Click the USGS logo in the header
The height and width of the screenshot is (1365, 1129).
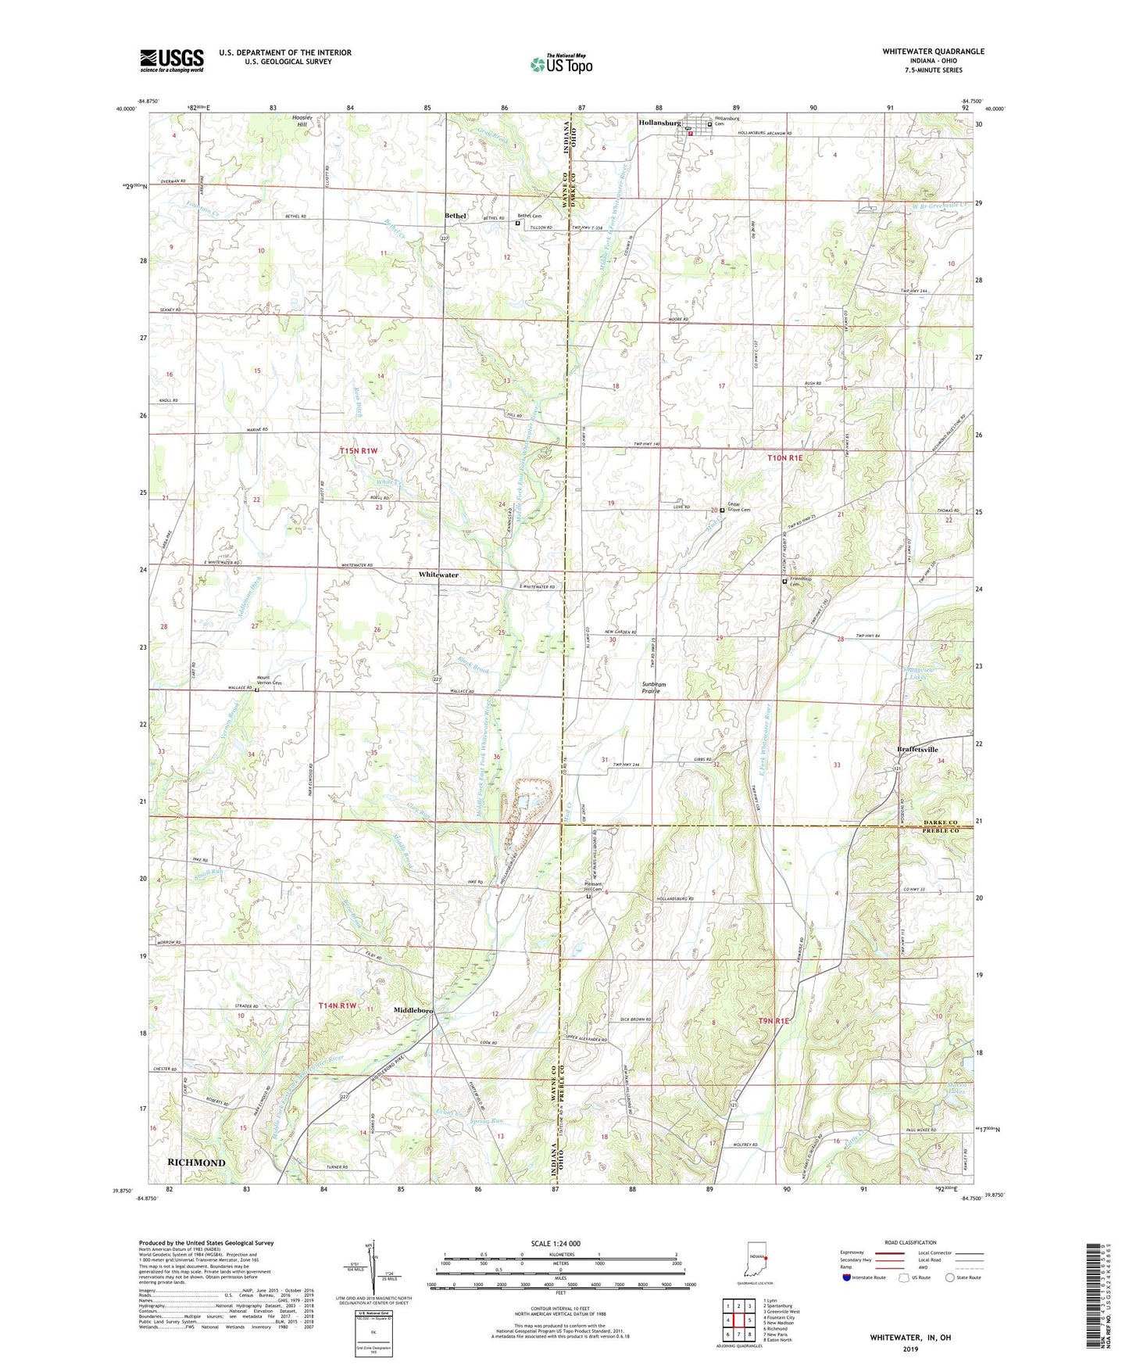click(x=172, y=59)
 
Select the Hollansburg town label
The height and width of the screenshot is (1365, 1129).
click(x=660, y=124)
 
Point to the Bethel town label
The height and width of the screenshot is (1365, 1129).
click(x=455, y=216)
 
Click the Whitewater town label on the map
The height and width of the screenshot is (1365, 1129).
click(x=438, y=575)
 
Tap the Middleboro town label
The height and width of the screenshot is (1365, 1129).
click(x=413, y=1010)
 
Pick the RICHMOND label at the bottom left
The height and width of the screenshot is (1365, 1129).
click(x=196, y=1163)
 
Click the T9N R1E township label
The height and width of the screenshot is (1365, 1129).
click(x=774, y=1021)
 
